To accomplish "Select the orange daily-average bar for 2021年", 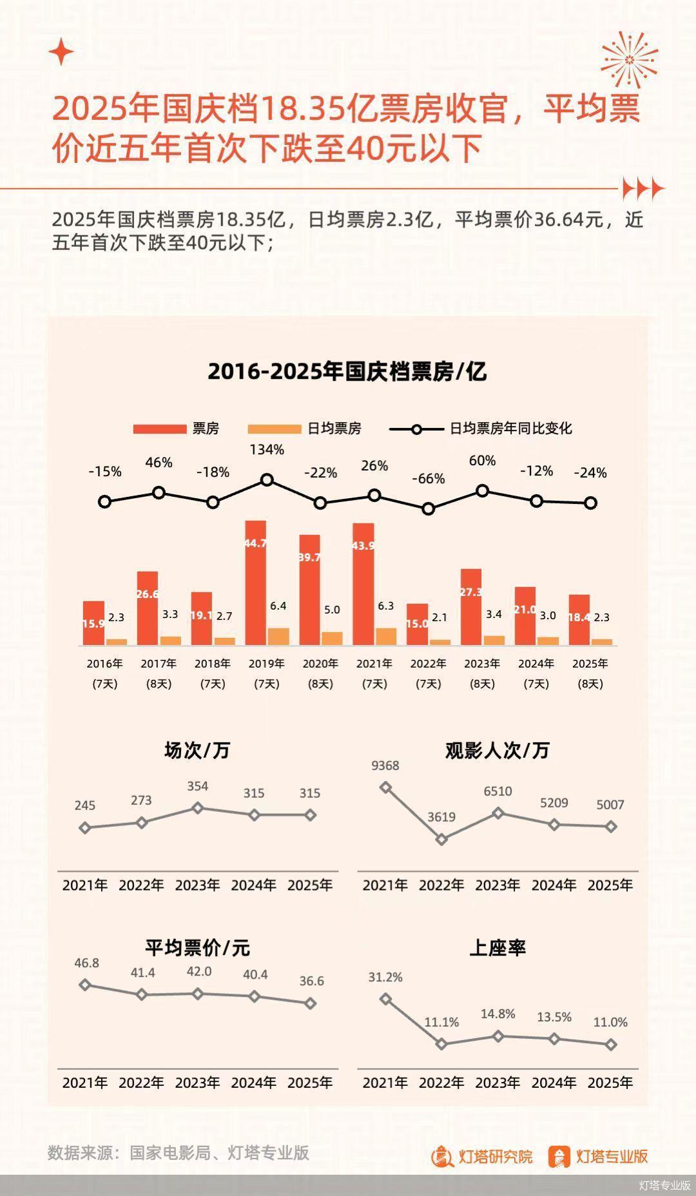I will [x=386, y=636].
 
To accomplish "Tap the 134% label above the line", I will [x=267, y=450].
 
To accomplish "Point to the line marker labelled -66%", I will [x=429, y=508].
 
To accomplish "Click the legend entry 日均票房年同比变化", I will [x=510, y=429].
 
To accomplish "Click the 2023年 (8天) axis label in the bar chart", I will [x=482, y=673].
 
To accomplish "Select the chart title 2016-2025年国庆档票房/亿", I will [x=347, y=372].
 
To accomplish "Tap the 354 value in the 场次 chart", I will [x=198, y=786].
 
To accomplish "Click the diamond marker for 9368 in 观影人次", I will [x=385, y=787].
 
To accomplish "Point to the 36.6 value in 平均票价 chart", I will [x=311, y=981].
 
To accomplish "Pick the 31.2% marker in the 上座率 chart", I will [x=385, y=999].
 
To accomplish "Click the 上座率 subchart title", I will [x=498, y=948].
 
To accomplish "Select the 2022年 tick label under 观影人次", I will [x=441, y=885].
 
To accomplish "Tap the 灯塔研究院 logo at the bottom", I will [x=482, y=1157].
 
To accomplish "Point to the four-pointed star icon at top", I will [x=62, y=52].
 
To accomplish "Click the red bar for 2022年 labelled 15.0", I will [x=417, y=624].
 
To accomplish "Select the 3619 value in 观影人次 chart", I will [x=441, y=817].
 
